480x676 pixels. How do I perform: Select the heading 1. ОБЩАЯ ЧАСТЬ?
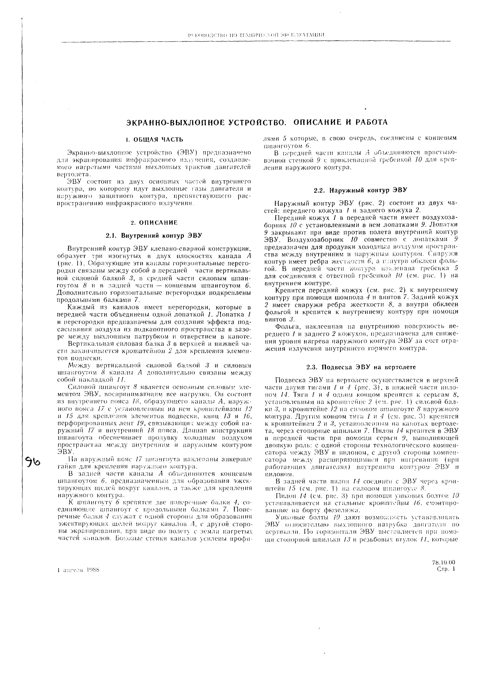tap(154, 139)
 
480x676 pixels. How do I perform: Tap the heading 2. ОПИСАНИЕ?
tap(154, 222)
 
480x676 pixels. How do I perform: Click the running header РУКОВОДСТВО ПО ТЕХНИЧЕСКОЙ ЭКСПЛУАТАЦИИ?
tap(256, 35)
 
